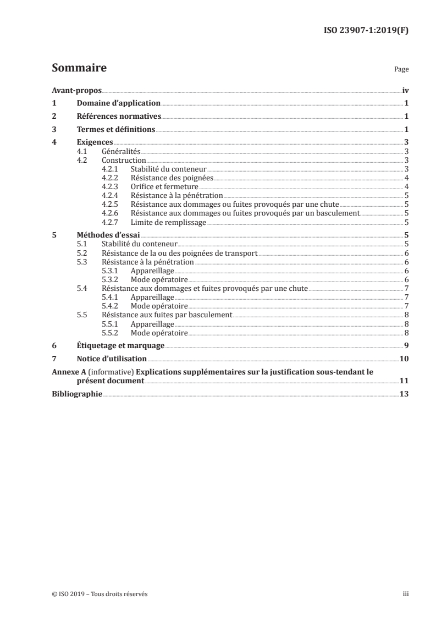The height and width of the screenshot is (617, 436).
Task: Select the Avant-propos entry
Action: [76, 90]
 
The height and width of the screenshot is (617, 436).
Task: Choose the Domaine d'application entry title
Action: [118, 103]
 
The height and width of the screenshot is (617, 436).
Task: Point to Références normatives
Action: [119, 117]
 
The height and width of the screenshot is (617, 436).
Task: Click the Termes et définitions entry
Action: [116, 130]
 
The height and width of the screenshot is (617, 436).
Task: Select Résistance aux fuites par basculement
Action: [167, 316]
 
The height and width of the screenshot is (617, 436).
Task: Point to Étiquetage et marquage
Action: [120, 346]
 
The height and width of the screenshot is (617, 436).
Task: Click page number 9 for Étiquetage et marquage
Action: [406, 346]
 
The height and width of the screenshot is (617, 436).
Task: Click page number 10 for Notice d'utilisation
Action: [404, 359]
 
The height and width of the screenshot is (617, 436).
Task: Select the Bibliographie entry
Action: [77, 394]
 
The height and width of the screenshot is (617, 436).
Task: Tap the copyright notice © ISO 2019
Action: [100, 594]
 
